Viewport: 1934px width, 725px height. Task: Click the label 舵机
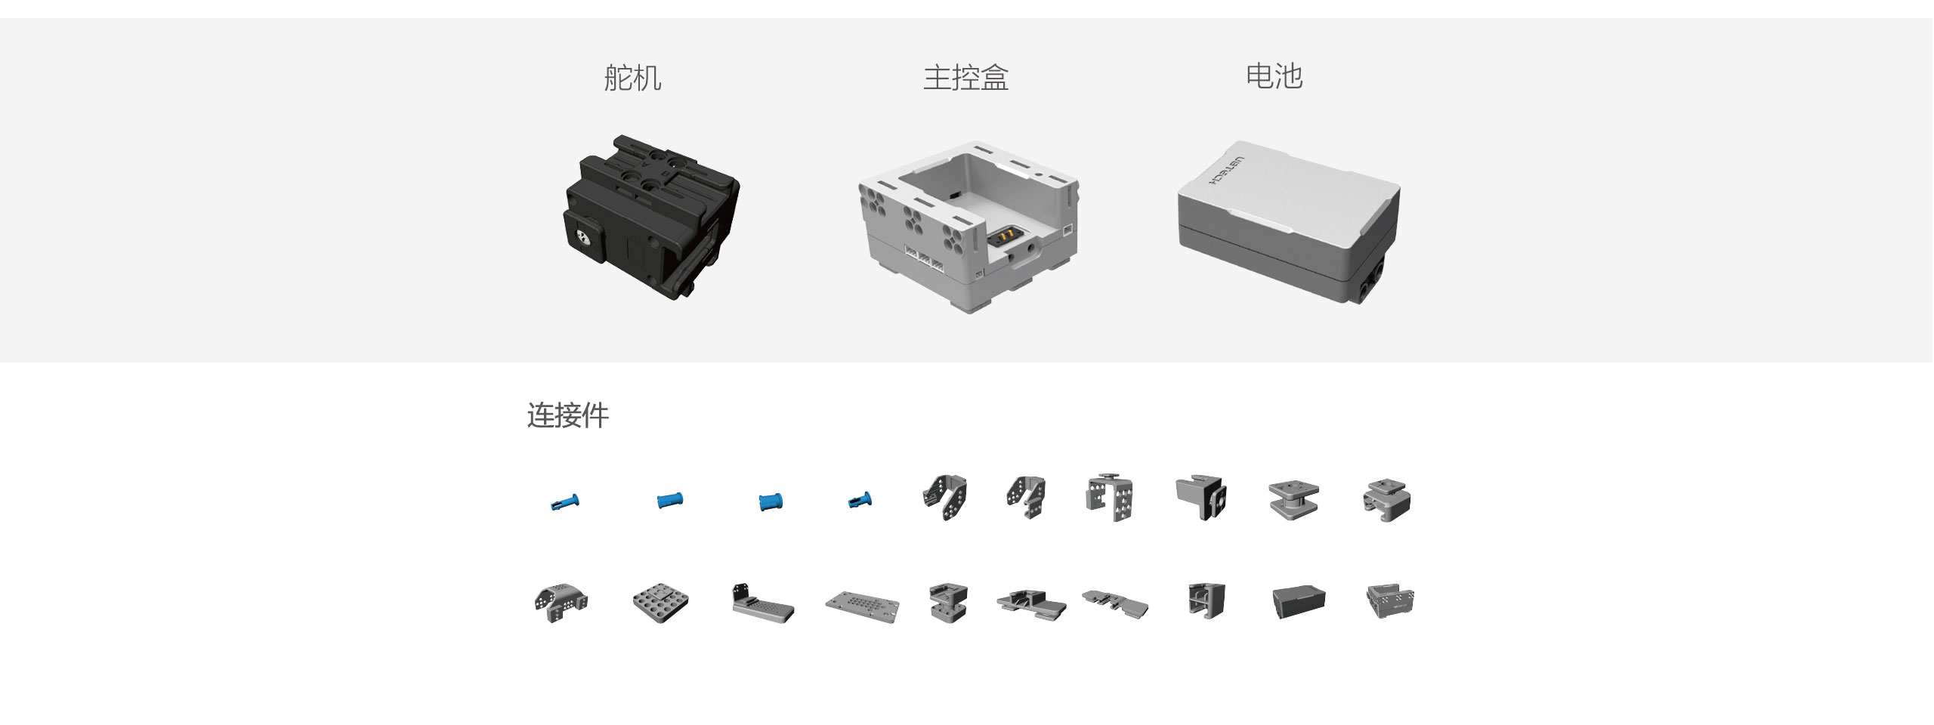(632, 78)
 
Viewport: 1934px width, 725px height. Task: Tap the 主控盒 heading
(965, 78)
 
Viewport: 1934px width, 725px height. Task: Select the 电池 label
(1274, 76)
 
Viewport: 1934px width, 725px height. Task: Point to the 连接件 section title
(567, 415)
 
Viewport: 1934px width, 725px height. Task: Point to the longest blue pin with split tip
(564, 501)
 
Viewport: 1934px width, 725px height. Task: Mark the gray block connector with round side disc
(1200, 497)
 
